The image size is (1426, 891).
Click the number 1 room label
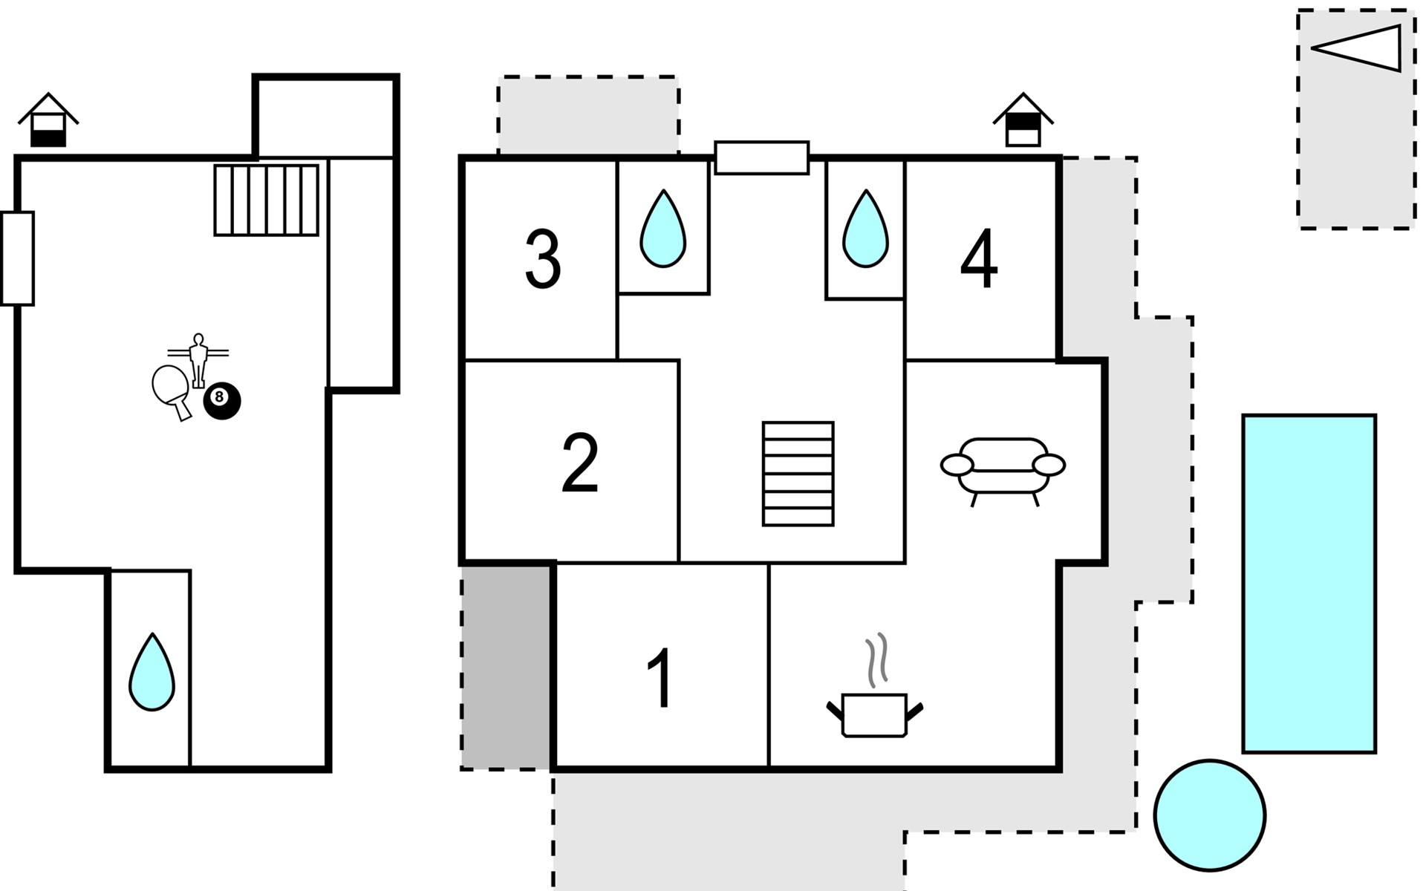(660, 679)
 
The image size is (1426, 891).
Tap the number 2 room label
(580, 463)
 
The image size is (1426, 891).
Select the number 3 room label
(543, 259)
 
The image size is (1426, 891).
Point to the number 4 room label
(979, 259)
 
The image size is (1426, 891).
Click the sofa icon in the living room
(1003, 469)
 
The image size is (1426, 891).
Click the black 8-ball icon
(222, 401)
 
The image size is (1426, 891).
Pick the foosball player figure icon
(198, 361)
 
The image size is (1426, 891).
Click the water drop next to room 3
(663, 229)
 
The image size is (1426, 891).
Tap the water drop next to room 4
(865, 229)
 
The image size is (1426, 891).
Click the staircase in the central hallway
(798, 474)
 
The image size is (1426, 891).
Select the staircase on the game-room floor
(267, 200)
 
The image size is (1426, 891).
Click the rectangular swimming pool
(1309, 584)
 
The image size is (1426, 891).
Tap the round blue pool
(1210, 815)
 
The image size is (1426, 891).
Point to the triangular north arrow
(1356, 48)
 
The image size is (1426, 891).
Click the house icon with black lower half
(48, 120)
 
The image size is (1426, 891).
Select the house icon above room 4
(1023, 120)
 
